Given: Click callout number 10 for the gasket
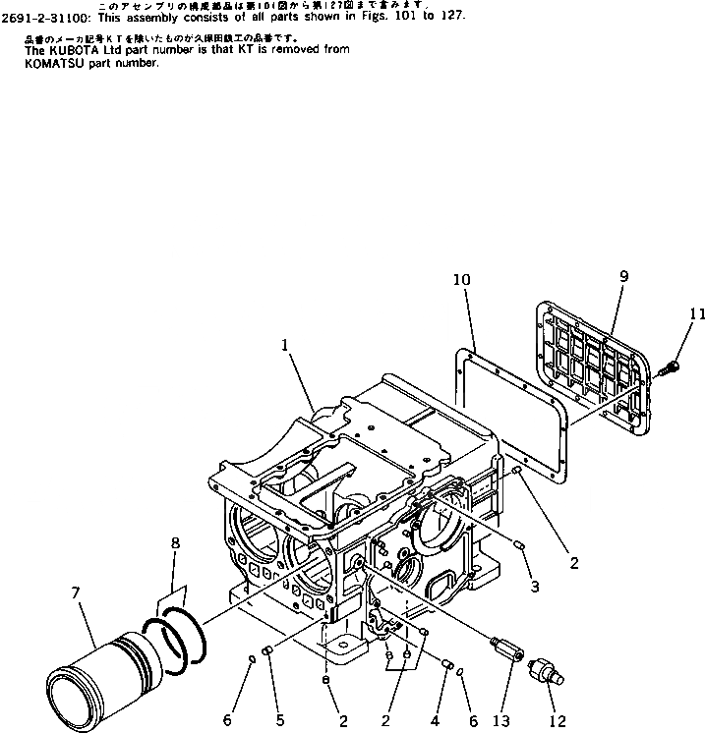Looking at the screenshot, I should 462,281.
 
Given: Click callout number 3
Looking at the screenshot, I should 534,587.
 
